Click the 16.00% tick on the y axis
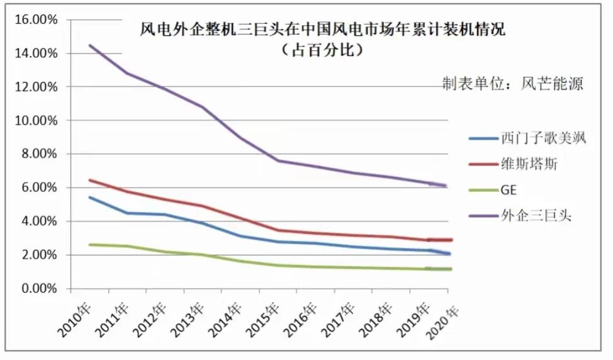click(x=35, y=20)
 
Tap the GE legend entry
click(x=509, y=191)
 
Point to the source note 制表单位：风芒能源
click(x=512, y=84)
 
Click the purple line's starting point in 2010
click(x=90, y=45)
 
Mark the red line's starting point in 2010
click(x=90, y=180)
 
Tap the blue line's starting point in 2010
click(x=90, y=197)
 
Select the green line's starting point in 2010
click(x=90, y=244)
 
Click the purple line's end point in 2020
click(x=446, y=186)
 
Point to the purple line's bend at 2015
click(x=278, y=160)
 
